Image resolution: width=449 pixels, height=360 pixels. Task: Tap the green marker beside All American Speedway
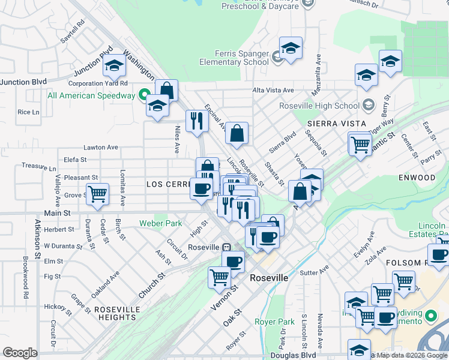143,94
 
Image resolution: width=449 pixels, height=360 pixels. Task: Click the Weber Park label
160,223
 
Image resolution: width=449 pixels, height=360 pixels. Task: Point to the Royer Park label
274,322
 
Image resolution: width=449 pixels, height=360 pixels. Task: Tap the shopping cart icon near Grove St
97,194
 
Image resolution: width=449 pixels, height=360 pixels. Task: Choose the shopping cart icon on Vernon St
220,277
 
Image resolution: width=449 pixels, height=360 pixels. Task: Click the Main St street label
58,213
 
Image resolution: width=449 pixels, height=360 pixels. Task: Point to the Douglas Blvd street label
293,355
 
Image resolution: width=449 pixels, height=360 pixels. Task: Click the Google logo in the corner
20,353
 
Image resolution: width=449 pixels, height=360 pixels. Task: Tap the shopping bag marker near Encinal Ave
237,134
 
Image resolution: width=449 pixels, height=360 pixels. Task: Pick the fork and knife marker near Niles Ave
196,121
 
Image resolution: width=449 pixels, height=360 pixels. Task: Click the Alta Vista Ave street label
273,90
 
